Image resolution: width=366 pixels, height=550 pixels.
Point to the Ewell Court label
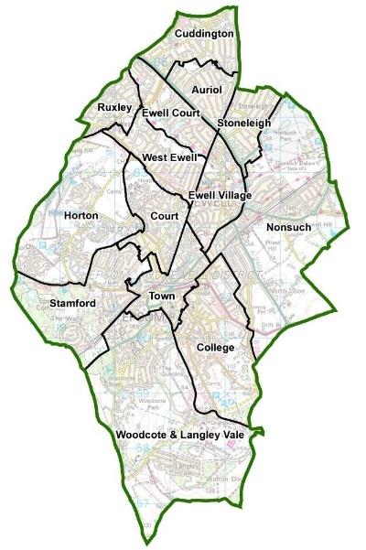pos(170,113)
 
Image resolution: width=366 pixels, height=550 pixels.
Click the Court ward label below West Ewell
pos(165,216)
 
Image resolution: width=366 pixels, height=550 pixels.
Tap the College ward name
pos(216,348)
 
